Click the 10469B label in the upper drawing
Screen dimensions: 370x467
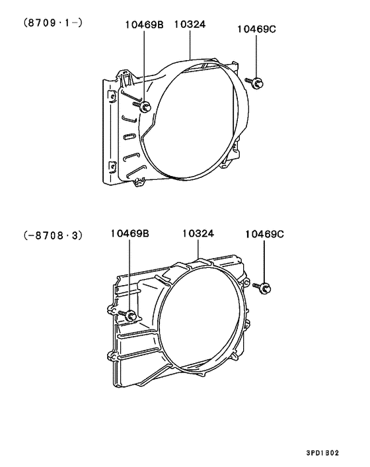(x=144, y=24)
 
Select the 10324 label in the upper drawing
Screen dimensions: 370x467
(x=190, y=24)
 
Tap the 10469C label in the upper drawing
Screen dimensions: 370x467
(x=256, y=29)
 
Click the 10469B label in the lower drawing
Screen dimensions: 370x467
(x=130, y=233)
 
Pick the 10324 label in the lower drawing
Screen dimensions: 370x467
(x=198, y=233)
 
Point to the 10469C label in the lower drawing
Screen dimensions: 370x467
(x=264, y=234)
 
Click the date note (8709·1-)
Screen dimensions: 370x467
(x=53, y=22)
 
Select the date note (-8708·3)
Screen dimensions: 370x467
(x=53, y=235)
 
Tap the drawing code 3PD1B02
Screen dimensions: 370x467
(x=322, y=453)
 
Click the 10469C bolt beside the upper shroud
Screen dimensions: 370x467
(x=254, y=82)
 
